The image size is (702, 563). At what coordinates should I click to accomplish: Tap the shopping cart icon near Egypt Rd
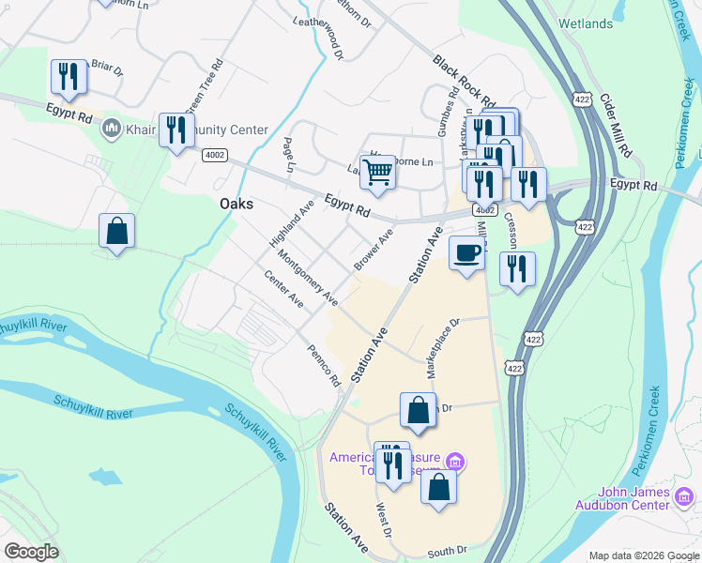(377, 172)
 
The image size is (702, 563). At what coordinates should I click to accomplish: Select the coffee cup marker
(467, 251)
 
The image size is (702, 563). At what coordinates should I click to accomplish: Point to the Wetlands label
(586, 23)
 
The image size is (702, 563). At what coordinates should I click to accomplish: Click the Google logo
(31, 552)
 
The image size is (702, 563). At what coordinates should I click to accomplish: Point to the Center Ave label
(284, 290)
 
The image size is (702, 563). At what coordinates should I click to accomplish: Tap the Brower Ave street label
(374, 251)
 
